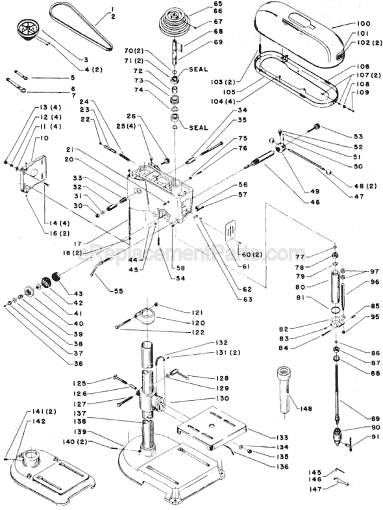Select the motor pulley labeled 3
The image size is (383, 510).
(29, 32)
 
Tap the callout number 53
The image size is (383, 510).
(358, 136)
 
